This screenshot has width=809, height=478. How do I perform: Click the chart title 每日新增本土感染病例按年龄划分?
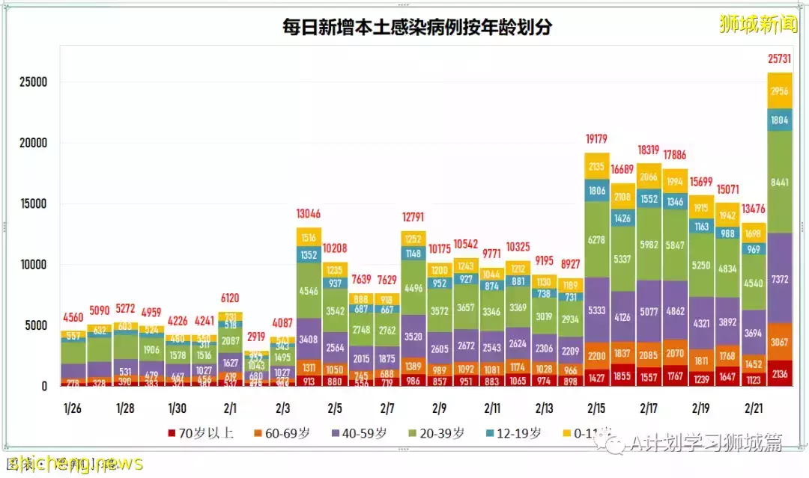pyautogui.click(x=416, y=28)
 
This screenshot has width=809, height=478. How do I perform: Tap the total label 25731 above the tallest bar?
pyautogui.click(x=780, y=58)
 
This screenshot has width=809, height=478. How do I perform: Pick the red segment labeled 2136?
pyautogui.click(x=780, y=374)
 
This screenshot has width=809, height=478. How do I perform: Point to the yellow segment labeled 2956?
pyautogui.click(x=780, y=91)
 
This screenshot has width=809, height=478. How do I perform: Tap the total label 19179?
pyautogui.click(x=596, y=138)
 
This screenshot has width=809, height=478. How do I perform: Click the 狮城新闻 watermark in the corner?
pyautogui.click(x=757, y=25)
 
